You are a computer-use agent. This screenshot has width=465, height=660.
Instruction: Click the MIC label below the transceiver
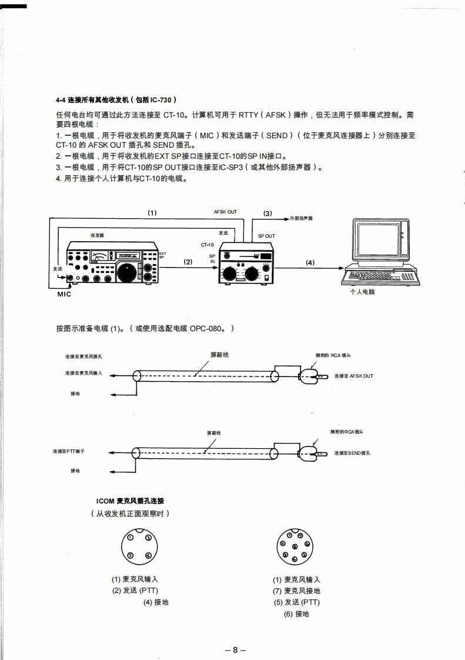point(63,294)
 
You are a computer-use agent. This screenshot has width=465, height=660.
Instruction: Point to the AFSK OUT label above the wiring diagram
point(225,212)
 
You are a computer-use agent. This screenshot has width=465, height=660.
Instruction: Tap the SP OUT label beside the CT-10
point(266,236)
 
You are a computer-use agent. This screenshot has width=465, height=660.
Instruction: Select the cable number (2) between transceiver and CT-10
point(188,262)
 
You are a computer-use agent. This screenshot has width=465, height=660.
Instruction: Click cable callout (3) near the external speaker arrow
point(267,213)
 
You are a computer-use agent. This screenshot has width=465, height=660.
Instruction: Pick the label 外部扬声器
point(301,218)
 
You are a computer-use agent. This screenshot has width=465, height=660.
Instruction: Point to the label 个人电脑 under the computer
point(362,292)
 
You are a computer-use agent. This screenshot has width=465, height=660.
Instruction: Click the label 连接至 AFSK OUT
point(353,376)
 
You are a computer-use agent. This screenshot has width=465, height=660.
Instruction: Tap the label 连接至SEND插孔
point(352,453)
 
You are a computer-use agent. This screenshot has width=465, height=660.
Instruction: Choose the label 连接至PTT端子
point(69,451)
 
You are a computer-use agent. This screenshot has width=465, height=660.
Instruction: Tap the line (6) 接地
point(296,614)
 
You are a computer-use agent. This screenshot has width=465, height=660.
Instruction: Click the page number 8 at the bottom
point(235,650)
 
